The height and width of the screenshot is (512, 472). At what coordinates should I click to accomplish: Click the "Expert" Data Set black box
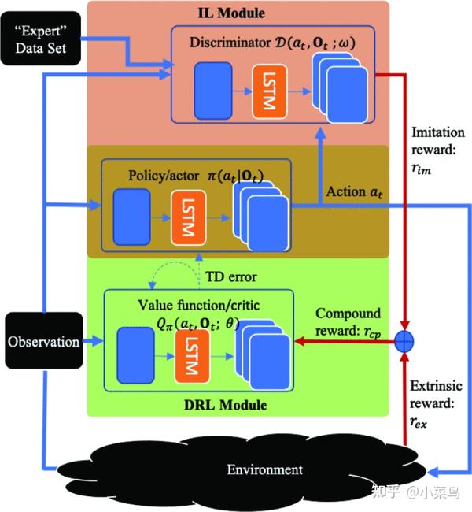(40, 39)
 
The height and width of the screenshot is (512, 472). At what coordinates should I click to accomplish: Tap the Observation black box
(44, 340)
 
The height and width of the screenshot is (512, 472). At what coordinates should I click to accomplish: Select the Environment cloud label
(265, 469)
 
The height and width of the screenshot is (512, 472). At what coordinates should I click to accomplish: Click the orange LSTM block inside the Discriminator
(270, 91)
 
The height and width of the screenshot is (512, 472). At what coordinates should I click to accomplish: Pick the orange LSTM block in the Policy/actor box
(189, 217)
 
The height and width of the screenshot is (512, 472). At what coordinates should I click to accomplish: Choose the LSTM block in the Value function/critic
(192, 356)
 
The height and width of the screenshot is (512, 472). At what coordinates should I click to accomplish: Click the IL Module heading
(231, 13)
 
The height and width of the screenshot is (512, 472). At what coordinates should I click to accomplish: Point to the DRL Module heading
(226, 405)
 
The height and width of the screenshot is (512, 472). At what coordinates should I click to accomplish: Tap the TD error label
(231, 277)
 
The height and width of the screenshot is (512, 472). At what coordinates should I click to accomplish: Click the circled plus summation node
(404, 342)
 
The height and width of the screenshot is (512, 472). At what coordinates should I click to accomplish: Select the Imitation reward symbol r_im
(421, 169)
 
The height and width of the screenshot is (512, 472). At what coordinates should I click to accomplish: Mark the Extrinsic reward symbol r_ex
(419, 422)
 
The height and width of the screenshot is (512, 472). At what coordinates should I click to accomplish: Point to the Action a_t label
(354, 192)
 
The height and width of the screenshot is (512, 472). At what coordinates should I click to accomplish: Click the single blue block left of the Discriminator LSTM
(213, 91)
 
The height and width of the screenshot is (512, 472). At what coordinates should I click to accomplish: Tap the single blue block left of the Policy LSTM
(132, 217)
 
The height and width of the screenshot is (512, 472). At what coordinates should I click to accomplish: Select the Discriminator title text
(272, 43)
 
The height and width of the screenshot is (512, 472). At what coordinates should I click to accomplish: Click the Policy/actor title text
(196, 176)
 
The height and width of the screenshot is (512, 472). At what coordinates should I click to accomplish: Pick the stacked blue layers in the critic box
(263, 355)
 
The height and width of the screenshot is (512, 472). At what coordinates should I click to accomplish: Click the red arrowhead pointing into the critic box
(300, 342)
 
